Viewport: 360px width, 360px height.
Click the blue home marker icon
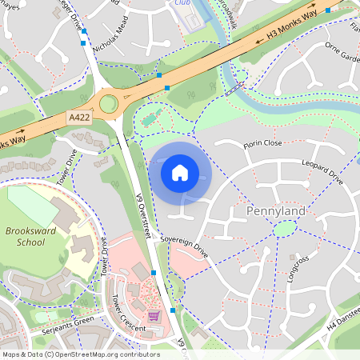click(x=180, y=172)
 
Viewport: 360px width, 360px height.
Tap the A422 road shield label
click(x=79, y=118)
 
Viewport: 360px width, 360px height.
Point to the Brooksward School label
click(x=25, y=236)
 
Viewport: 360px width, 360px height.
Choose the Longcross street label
click(x=299, y=270)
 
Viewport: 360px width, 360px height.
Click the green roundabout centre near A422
click(x=108, y=103)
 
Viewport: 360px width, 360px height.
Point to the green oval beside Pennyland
click(x=284, y=229)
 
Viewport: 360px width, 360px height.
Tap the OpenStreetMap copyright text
click(x=81, y=354)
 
